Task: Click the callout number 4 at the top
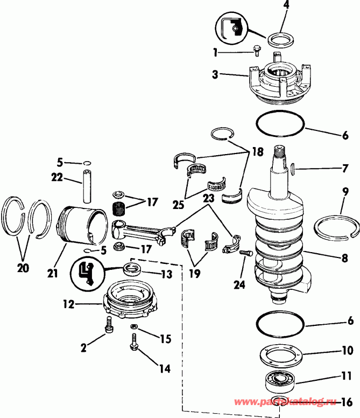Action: point(286,7)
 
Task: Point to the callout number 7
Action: point(345,169)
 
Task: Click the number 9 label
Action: point(345,192)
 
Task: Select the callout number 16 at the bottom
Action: point(348,402)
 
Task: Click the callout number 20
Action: point(23,268)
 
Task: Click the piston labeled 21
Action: point(81,224)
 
